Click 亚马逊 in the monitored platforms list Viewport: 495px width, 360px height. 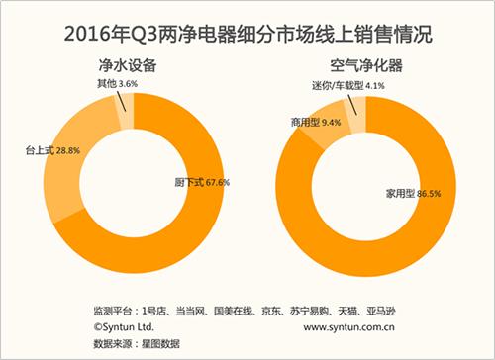(378, 310)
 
